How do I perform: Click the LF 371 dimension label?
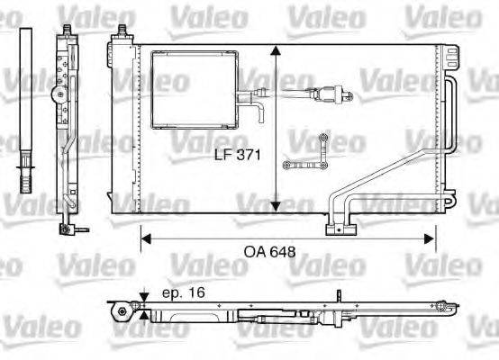[x=237, y=155]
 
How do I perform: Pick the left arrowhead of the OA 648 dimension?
[x=145, y=238]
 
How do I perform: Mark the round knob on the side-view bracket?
[x=57, y=93]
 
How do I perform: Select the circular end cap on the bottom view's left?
[x=116, y=311]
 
